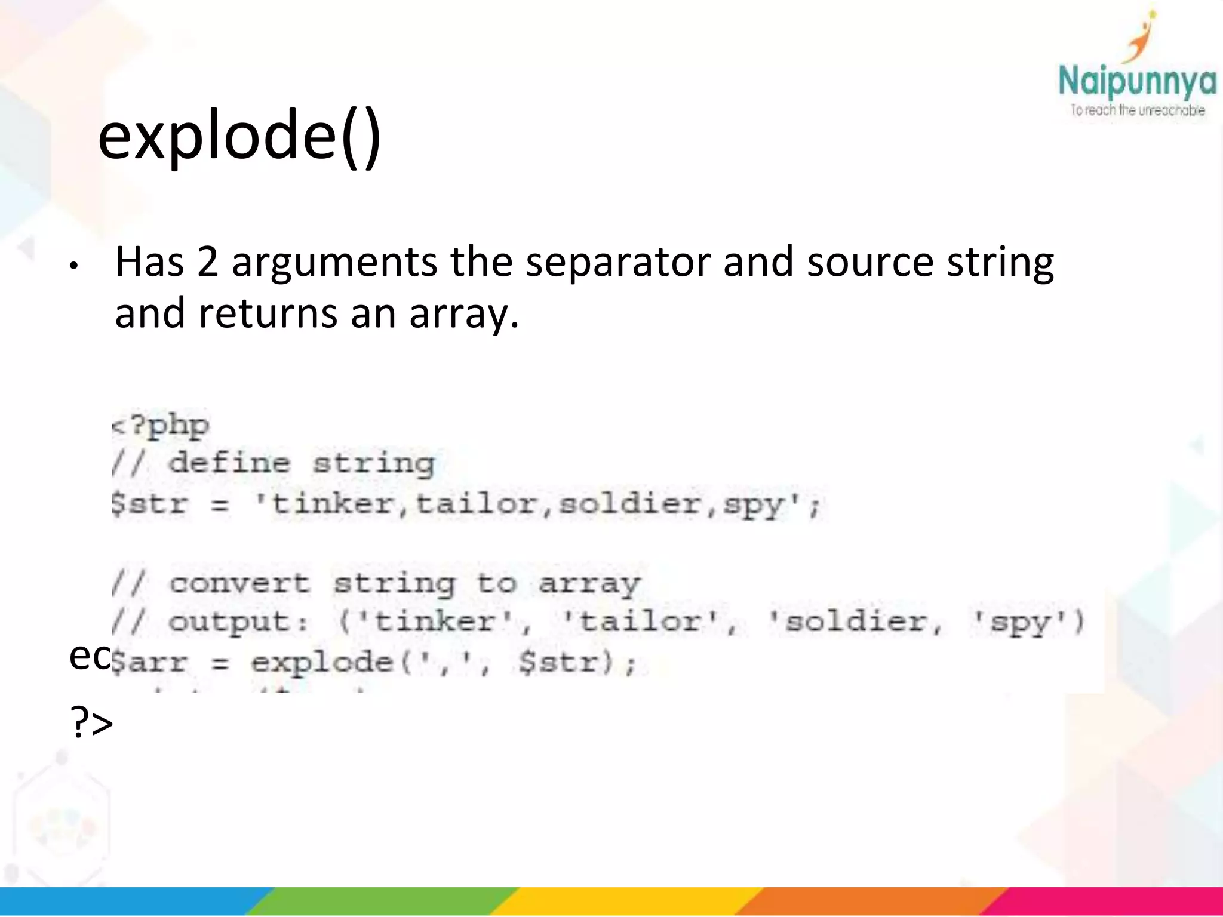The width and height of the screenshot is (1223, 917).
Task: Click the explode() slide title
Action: point(239,136)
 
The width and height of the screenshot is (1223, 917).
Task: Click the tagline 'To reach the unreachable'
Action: point(1137,110)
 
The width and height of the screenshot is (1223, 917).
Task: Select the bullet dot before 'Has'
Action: point(73,266)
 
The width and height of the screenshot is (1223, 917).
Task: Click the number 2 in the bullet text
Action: point(207,262)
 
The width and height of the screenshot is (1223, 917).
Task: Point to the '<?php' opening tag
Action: point(160,425)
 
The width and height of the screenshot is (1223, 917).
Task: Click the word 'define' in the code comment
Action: point(229,463)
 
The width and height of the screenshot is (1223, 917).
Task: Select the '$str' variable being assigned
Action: point(149,504)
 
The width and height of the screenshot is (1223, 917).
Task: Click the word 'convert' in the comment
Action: point(239,583)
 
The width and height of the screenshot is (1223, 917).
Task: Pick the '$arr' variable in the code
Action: point(149,663)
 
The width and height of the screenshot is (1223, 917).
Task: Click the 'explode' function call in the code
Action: point(321,663)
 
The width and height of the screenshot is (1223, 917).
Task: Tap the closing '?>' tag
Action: point(91,722)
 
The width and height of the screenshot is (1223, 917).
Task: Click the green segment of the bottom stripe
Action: point(382,901)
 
